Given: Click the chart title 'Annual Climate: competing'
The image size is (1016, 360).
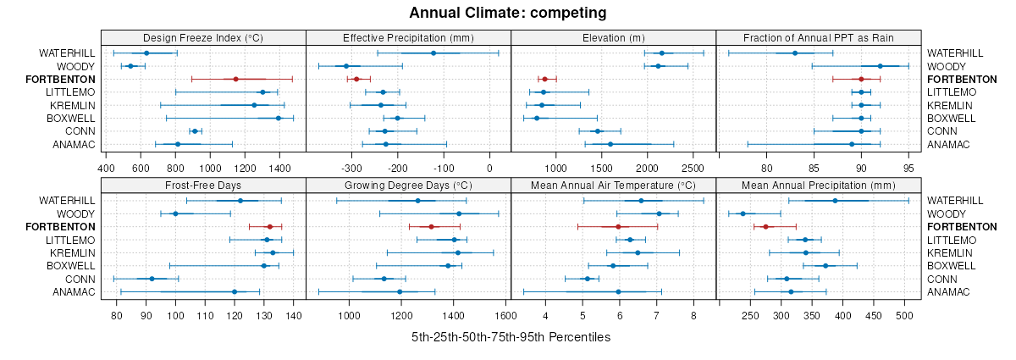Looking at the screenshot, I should pos(507,13).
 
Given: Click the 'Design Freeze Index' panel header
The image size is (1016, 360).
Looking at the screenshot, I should pos(203,37).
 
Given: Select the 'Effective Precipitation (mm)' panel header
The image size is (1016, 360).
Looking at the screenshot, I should pos(408,37).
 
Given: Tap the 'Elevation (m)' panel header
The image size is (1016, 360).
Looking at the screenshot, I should pos(614,37).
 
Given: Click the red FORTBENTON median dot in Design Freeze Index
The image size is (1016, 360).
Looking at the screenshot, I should pos(236,79).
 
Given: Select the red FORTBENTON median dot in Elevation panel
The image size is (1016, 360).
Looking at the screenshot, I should pos(544,79).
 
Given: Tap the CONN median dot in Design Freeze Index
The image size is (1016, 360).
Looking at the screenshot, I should pos(195,131).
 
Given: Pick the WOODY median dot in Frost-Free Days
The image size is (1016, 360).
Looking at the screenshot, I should pos(175,213).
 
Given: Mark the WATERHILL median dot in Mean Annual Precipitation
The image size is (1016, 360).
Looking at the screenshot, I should pos(835,201).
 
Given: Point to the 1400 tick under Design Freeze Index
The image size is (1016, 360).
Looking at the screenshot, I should pos(279,155).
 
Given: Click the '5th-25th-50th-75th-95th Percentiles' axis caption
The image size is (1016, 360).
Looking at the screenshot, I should pos(511,337).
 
